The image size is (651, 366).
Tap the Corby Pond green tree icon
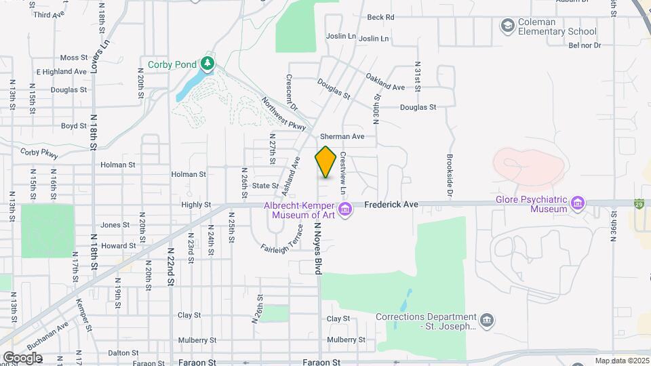[x=208, y=64]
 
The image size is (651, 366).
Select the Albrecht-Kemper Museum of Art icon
[x=345, y=209]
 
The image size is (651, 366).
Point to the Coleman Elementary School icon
[x=507, y=26]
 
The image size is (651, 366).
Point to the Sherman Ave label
[x=342, y=136]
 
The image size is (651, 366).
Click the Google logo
[x=22, y=357]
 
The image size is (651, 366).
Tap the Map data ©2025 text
[x=620, y=361]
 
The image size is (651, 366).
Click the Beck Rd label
[x=380, y=17]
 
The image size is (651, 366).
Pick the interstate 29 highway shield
[x=640, y=202]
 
